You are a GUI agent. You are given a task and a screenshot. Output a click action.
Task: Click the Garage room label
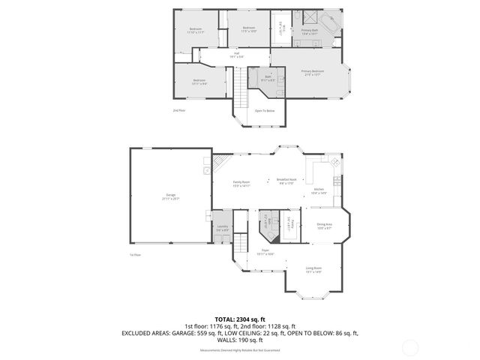(170, 198)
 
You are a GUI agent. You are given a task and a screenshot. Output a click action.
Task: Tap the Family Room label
(241, 183)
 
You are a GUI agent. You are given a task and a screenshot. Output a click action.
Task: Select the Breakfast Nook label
(287, 180)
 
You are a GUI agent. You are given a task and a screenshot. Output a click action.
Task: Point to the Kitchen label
(319, 190)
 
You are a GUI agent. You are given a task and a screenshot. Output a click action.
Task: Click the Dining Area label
(324, 225)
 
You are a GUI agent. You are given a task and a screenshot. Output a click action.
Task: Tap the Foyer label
(265, 251)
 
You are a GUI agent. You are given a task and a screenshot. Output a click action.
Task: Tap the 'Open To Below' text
(265, 111)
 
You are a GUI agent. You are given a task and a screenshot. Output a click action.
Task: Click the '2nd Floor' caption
(178, 110)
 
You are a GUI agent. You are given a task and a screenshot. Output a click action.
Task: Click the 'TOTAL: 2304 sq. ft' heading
(240, 318)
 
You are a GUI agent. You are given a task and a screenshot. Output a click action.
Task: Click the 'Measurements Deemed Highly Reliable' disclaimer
(240, 350)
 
